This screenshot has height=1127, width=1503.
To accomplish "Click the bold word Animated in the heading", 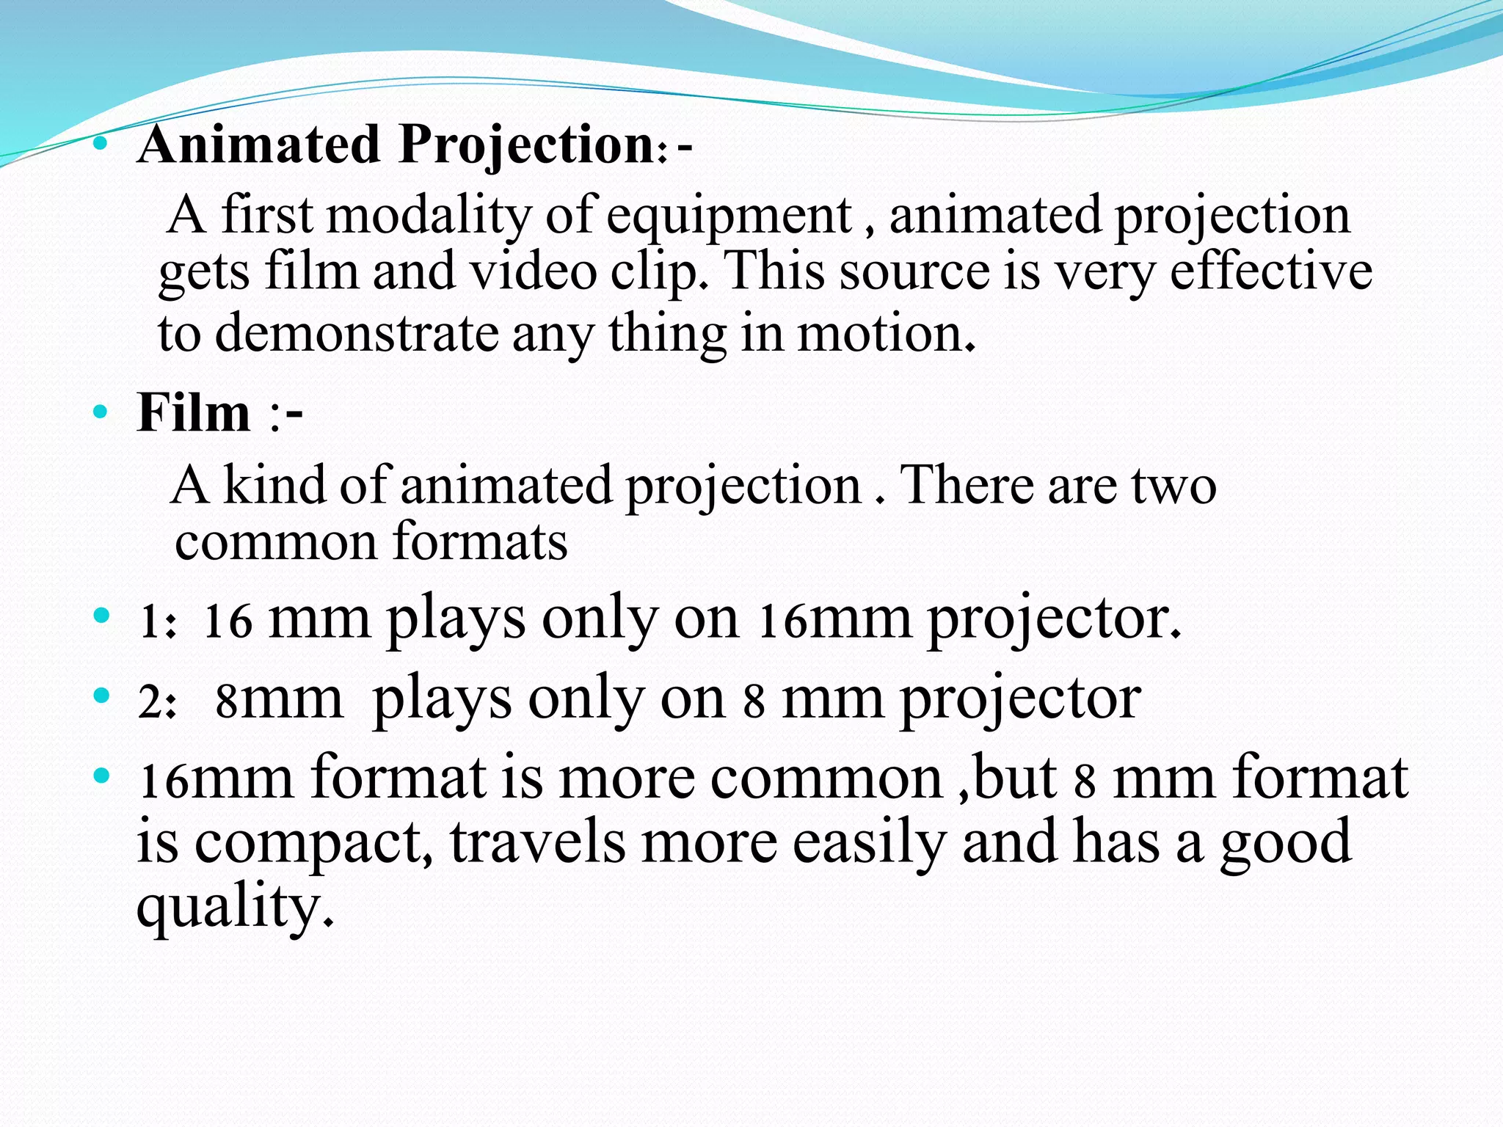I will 259,145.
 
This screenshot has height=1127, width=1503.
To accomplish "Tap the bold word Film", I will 194,413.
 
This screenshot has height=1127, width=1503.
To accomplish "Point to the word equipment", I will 729,216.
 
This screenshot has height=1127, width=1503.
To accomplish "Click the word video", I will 534,271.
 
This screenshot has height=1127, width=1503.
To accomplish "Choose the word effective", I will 1270,271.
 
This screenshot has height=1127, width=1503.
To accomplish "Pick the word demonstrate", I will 356,334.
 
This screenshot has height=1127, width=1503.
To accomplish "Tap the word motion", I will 887,334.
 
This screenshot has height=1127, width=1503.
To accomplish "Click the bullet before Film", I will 101,412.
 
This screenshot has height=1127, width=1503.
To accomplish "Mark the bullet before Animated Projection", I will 101,143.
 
